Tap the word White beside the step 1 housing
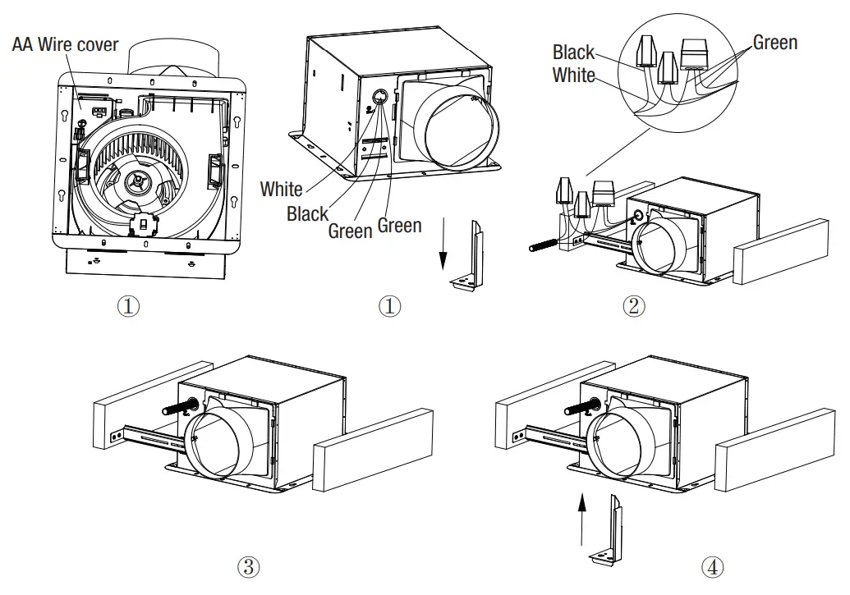tap(281, 189)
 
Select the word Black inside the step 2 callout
tap(573, 53)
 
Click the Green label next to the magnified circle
tap(774, 43)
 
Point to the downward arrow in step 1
tap(443, 246)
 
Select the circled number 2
tap(632, 306)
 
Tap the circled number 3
tap(248, 565)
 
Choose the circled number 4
tap(713, 565)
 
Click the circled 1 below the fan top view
tap(127, 306)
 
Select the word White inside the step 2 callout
tap(573, 75)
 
